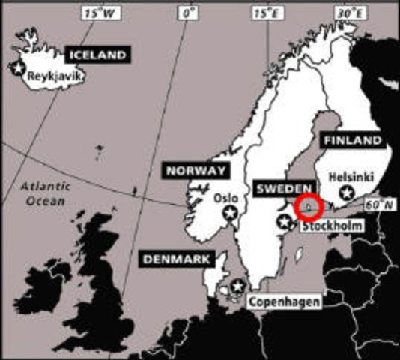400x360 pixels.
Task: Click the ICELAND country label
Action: point(97,55)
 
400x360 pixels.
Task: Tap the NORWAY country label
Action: point(196,171)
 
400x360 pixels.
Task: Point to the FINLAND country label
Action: point(351,140)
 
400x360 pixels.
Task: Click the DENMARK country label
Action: point(174,259)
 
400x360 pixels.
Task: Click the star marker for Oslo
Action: point(231,214)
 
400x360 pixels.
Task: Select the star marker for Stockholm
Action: point(284,221)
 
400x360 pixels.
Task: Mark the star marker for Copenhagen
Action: point(237,286)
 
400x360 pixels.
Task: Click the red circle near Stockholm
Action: point(308,205)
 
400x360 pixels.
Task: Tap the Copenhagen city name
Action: point(284,301)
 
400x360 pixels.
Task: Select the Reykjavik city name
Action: point(53,76)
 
